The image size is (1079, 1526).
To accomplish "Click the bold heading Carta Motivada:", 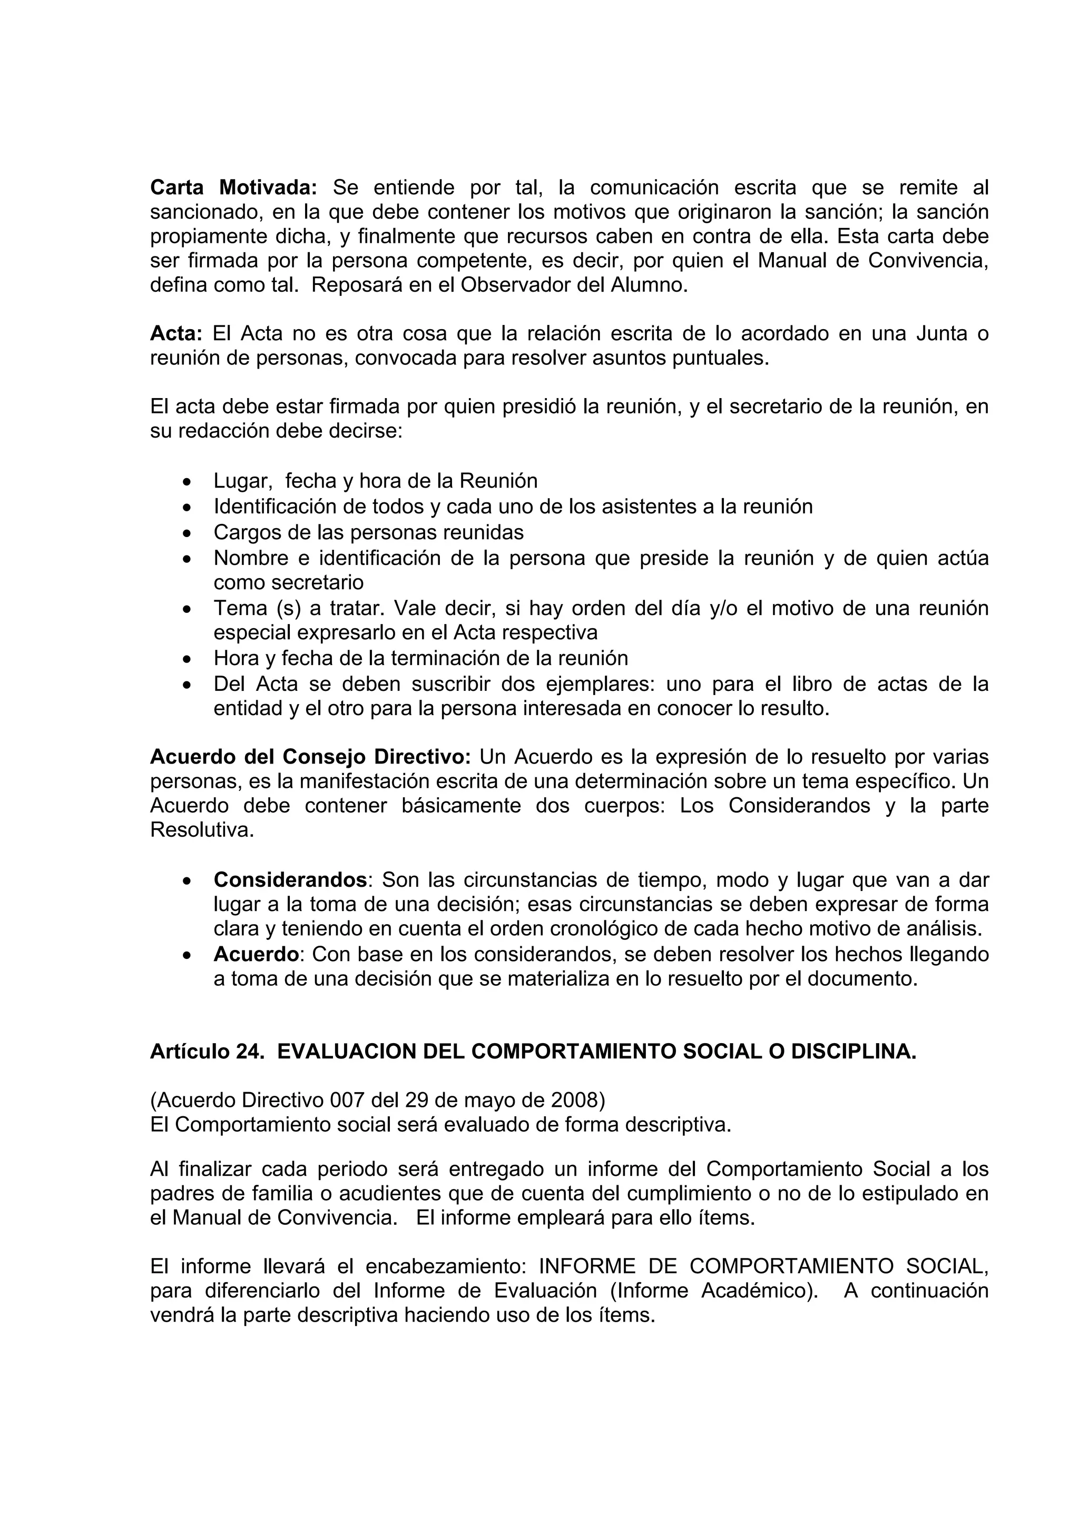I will click(x=234, y=188).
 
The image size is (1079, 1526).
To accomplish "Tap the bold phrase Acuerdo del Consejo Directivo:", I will click(x=310, y=757).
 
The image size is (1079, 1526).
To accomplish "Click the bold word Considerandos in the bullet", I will click(x=290, y=880).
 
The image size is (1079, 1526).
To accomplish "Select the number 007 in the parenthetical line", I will click(x=345, y=1101).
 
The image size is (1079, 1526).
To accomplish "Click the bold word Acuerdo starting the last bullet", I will click(x=256, y=955).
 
